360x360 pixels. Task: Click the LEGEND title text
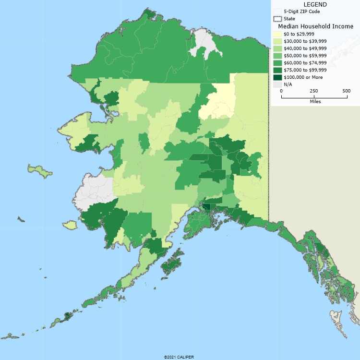click(x=315, y=4)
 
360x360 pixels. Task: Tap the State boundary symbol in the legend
click(x=277, y=19)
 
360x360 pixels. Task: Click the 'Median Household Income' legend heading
click(x=315, y=26)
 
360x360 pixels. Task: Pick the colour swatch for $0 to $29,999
click(x=277, y=35)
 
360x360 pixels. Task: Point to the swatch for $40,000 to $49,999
click(x=277, y=48)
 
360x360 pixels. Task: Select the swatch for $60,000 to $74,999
click(x=277, y=63)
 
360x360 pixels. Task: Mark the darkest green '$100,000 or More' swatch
click(x=277, y=77)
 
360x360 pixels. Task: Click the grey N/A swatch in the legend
click(x=277, y=84)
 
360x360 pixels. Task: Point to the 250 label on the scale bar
click(x=314, y=91)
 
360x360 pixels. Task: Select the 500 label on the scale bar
click(x=346, y=91)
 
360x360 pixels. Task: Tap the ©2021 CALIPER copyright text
click(x=179, y=357)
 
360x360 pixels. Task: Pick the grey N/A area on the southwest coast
click(x=96, y=190)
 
